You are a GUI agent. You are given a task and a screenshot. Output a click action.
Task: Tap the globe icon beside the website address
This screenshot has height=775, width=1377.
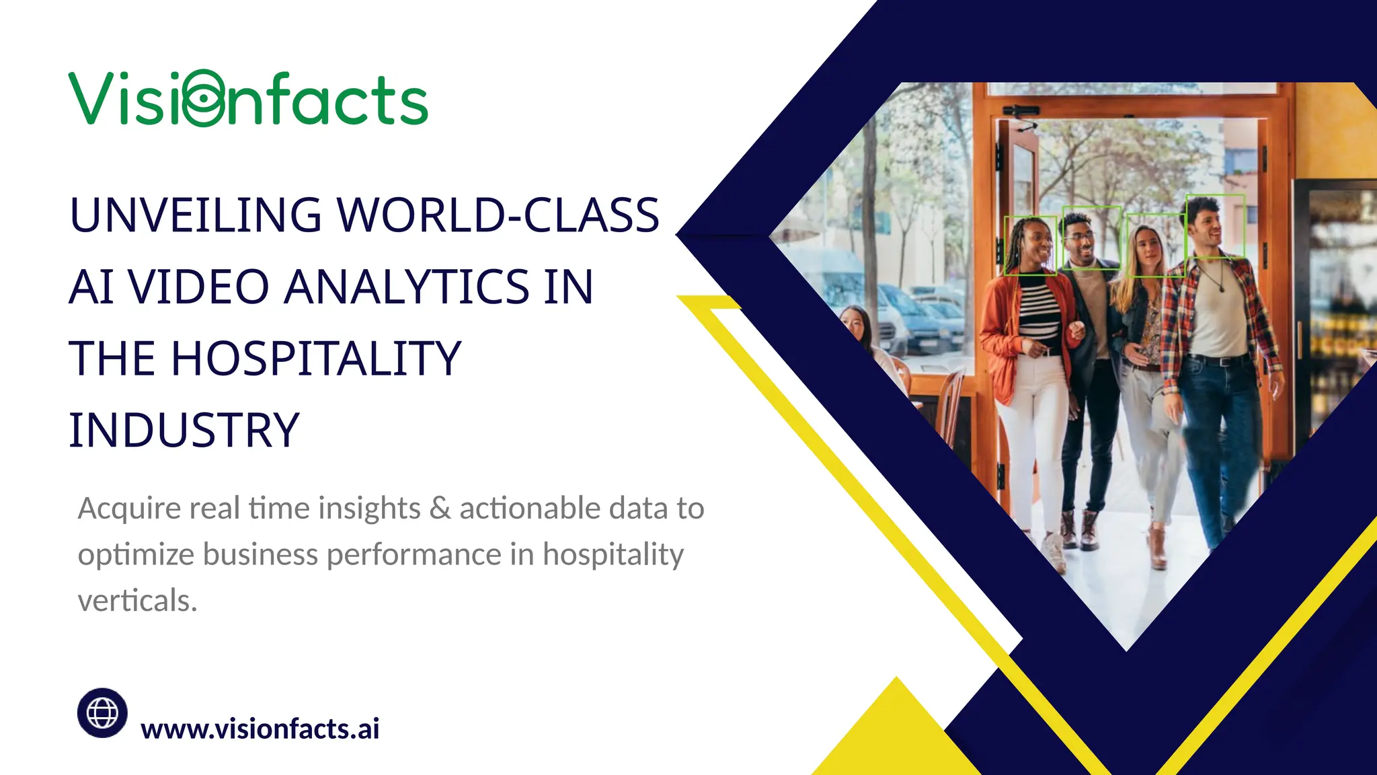click(x=102, y=712)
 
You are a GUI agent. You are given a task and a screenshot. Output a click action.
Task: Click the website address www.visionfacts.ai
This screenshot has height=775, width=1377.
click(x=260, y=729)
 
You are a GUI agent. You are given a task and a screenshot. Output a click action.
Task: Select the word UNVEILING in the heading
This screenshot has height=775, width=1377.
click(x=196, y=215)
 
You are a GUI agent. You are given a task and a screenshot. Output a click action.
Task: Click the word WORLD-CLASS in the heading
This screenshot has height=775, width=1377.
click(x=498, y=215)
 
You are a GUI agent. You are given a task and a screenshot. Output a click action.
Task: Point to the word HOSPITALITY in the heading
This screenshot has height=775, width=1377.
click(x=315, y=359)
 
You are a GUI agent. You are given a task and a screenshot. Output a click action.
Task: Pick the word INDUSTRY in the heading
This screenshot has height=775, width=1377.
click(x=184, y=431)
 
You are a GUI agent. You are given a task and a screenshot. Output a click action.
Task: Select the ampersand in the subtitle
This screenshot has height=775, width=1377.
click(x=440, y=509)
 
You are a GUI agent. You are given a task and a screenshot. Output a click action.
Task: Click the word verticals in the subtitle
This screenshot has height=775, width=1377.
click(x=137, y=601)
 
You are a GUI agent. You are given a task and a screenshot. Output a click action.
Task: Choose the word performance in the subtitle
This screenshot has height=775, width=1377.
click(x=414, y=555)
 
